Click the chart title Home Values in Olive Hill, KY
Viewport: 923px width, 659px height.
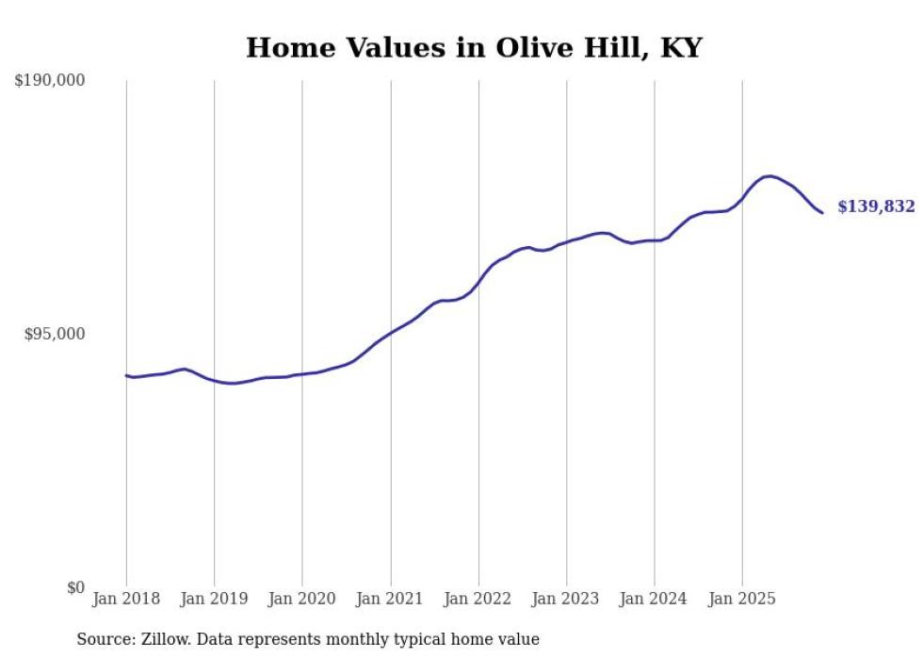pyautogui.click(x=474, y=48)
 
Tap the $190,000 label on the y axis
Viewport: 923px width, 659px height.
pyautogui.click(x=50, y=81)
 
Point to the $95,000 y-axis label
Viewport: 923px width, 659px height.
pyautogui.click(x=55, y=335)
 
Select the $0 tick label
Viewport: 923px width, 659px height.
pyautogui.click(x=75, y=588)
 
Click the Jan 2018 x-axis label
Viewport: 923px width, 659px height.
pyautogui.click(x=126, y=599)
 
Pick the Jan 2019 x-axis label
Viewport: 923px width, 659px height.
pyautogui.click(x=215, y=599)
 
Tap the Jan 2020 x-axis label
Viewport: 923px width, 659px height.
pyautogui.click(x=302, y=599)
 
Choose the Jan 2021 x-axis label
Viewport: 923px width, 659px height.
pyautogui.click(x=390, y=599)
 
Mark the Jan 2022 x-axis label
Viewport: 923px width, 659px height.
pyautogui.click(x=478, y=599)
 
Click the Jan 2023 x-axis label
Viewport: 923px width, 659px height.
pyautogui.click(x=566, y=599)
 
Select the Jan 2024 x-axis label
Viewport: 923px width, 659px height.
pyautogui.click(x=655, y=599)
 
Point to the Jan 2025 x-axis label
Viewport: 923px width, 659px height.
pyautogui.click(x=742, y=599)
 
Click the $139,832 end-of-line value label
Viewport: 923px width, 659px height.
pyautogui.click(x=876, y=206)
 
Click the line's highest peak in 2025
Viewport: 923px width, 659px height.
pyautogui.click(x=769, y=176)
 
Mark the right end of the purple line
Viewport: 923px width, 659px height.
pyautogui.click(x=822, y=212)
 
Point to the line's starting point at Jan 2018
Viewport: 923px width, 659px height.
pyautogui.click(x=126, y=375)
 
